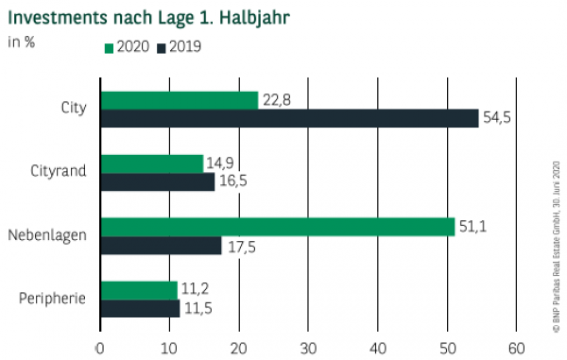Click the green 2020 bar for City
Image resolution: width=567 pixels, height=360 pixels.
[x=179, y=100]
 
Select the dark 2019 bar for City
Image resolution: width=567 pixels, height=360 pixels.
[x=289, y=118]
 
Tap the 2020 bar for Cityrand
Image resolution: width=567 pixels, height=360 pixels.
[x=151, y=163]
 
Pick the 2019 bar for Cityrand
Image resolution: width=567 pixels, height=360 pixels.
[x=157, y=181]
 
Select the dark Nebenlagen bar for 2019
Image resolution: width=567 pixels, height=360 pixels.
[x=161, y=245]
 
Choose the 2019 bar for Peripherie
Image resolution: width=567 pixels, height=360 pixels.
[x=140, y=308]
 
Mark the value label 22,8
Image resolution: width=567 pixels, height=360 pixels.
[x=275, y=99]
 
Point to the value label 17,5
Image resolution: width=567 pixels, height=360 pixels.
[x=239, y=245]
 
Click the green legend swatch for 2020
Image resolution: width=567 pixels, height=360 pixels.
[x=109, y=46]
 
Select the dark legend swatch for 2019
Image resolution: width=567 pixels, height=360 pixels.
[x=162, y=46]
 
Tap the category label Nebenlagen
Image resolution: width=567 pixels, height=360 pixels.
[x=47, y=235]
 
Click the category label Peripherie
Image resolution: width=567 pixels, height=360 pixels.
[x=53, y=299]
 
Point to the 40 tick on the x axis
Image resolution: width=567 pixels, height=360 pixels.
[x=378, y=347]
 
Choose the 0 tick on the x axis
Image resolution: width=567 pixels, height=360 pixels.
[x=100, y=347]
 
